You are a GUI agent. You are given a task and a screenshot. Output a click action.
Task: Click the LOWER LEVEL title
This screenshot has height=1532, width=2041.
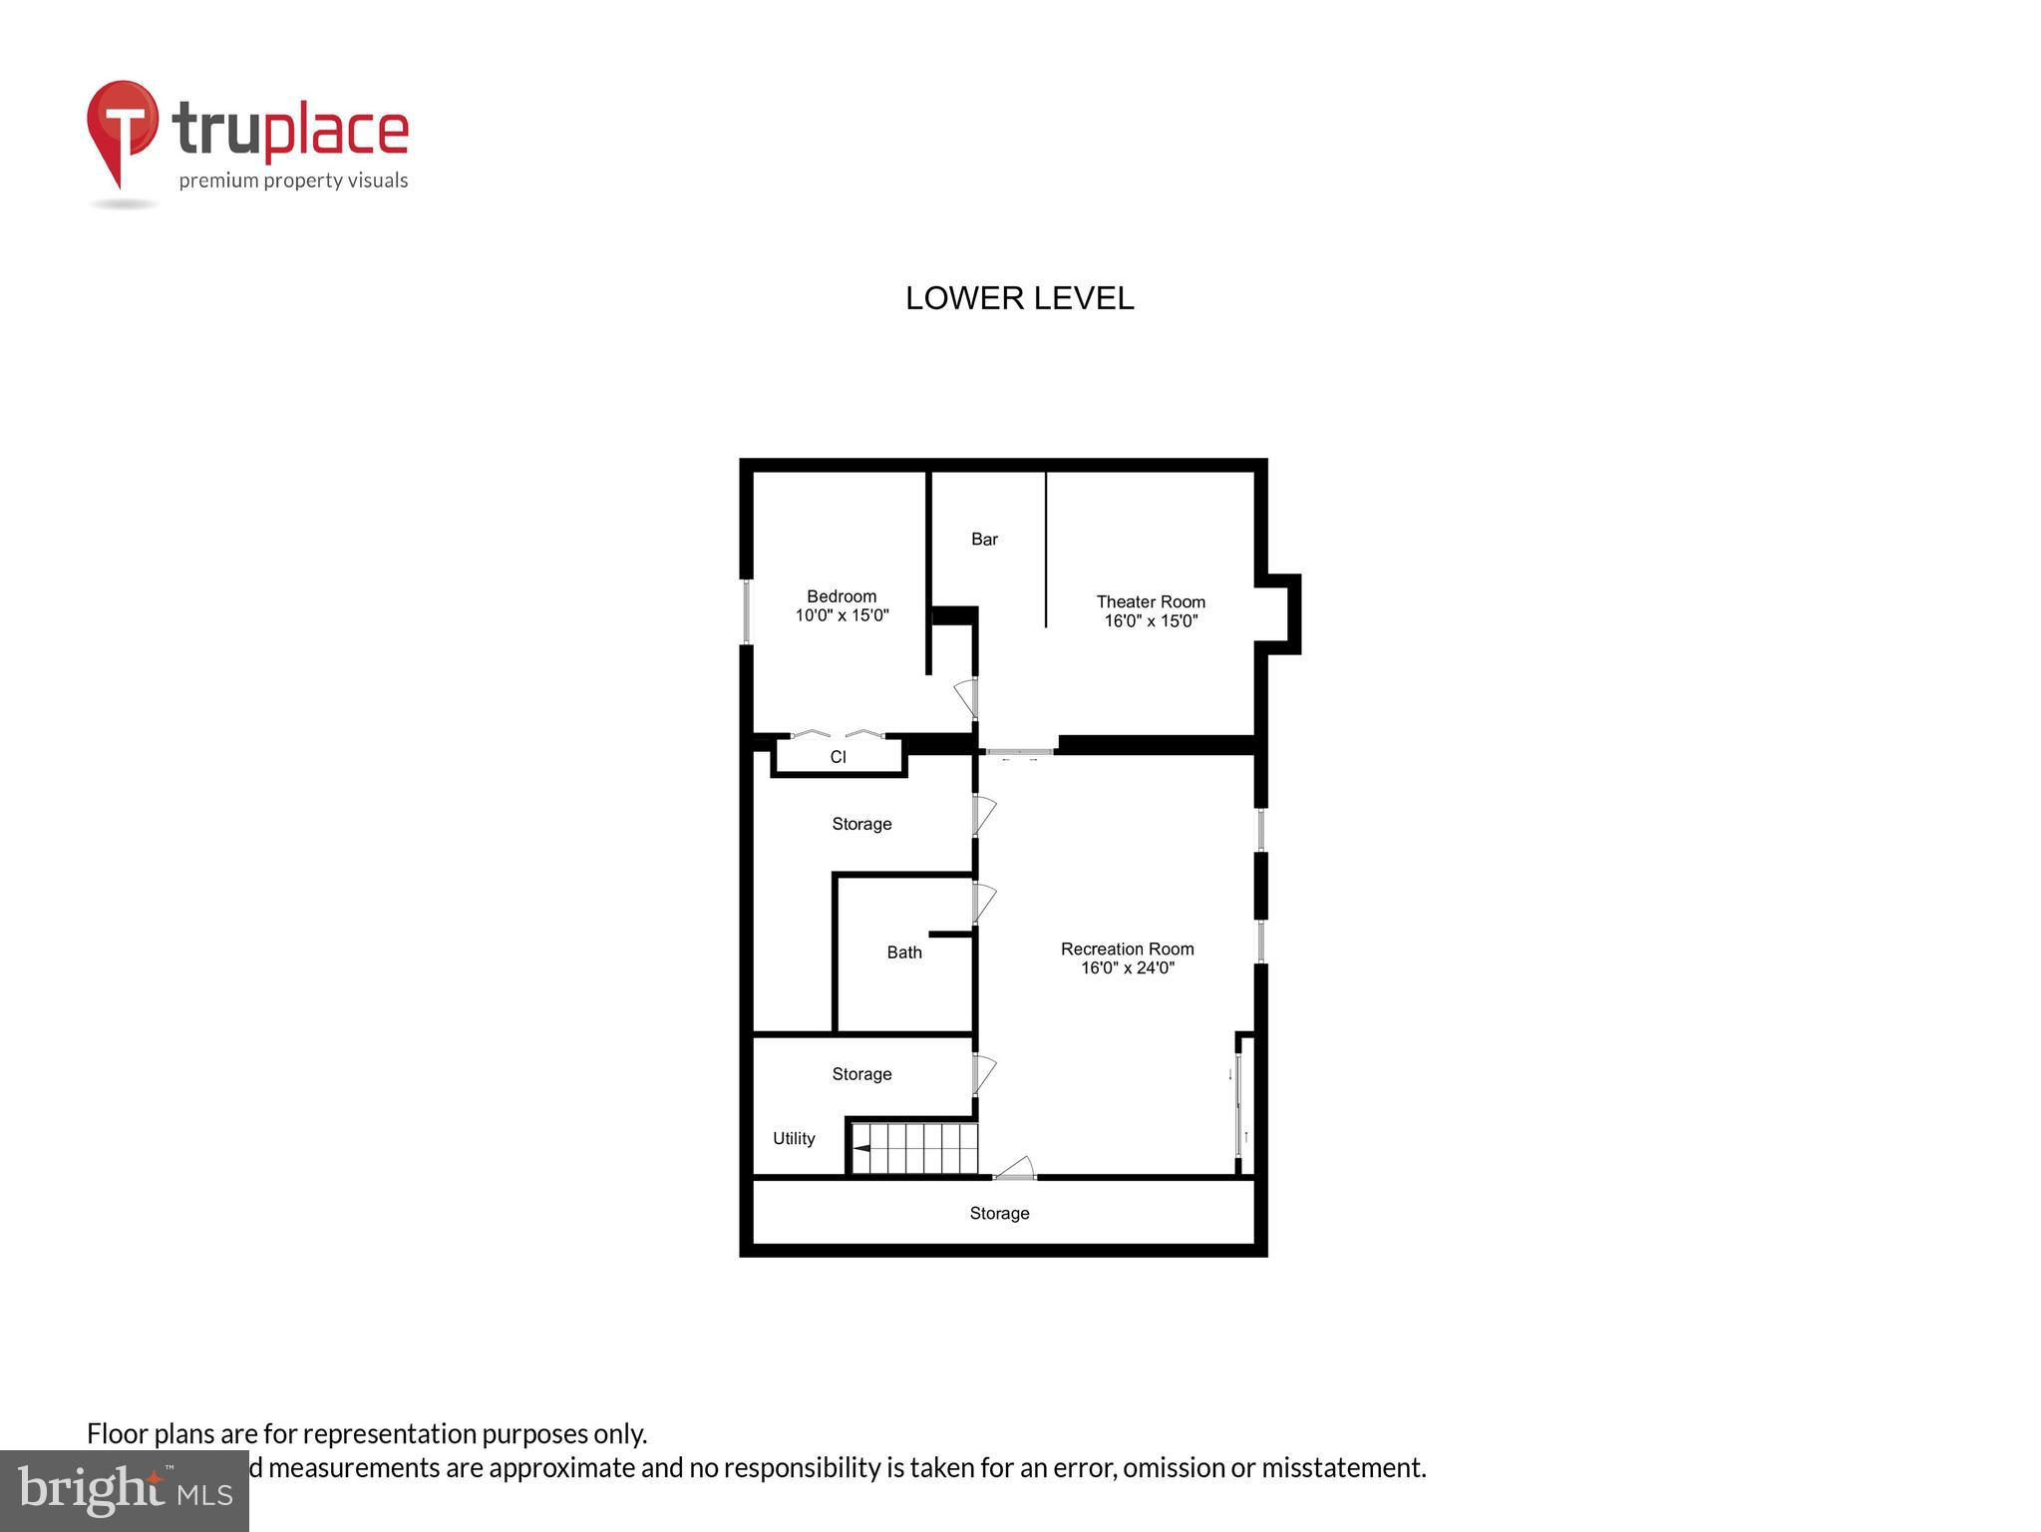click(x=1019, y=298)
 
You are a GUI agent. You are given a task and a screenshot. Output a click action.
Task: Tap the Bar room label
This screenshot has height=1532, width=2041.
click(x=984, y=540)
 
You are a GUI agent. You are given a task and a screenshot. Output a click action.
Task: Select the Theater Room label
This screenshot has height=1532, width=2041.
click(x=1151, y=601)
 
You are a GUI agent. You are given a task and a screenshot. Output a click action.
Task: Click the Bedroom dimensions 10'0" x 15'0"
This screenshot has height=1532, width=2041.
click(x=842, y=615)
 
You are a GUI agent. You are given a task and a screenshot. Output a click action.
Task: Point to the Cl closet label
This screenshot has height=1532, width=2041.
click(x=838, y=757)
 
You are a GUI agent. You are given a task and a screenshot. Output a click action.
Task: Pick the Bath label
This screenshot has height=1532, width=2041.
click(x=904, y=953)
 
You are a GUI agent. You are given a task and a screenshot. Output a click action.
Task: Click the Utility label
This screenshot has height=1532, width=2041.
click(x=794, y=1138)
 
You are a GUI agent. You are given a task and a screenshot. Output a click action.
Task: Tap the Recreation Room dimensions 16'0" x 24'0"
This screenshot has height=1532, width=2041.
click(x=1128, y=967)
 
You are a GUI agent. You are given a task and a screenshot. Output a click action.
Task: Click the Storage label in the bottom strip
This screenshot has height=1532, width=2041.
click(x=999, y=1213)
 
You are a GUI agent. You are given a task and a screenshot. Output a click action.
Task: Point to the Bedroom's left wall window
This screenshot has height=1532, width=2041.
click(x=746, y=611)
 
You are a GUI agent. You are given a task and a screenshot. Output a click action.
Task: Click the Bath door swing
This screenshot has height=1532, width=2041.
click(x=984, y=903)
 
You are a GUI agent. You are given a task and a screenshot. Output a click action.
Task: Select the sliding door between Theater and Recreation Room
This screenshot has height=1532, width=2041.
click(x=1018, y=752)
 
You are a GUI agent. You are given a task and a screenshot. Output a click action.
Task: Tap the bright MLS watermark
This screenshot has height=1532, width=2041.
click(x=125, y=1490)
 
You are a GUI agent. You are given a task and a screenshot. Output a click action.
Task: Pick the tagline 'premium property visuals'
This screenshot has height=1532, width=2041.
click(x=293, y=181)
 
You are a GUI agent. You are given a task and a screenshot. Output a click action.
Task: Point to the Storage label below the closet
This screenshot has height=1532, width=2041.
click(x=861, y=824)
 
